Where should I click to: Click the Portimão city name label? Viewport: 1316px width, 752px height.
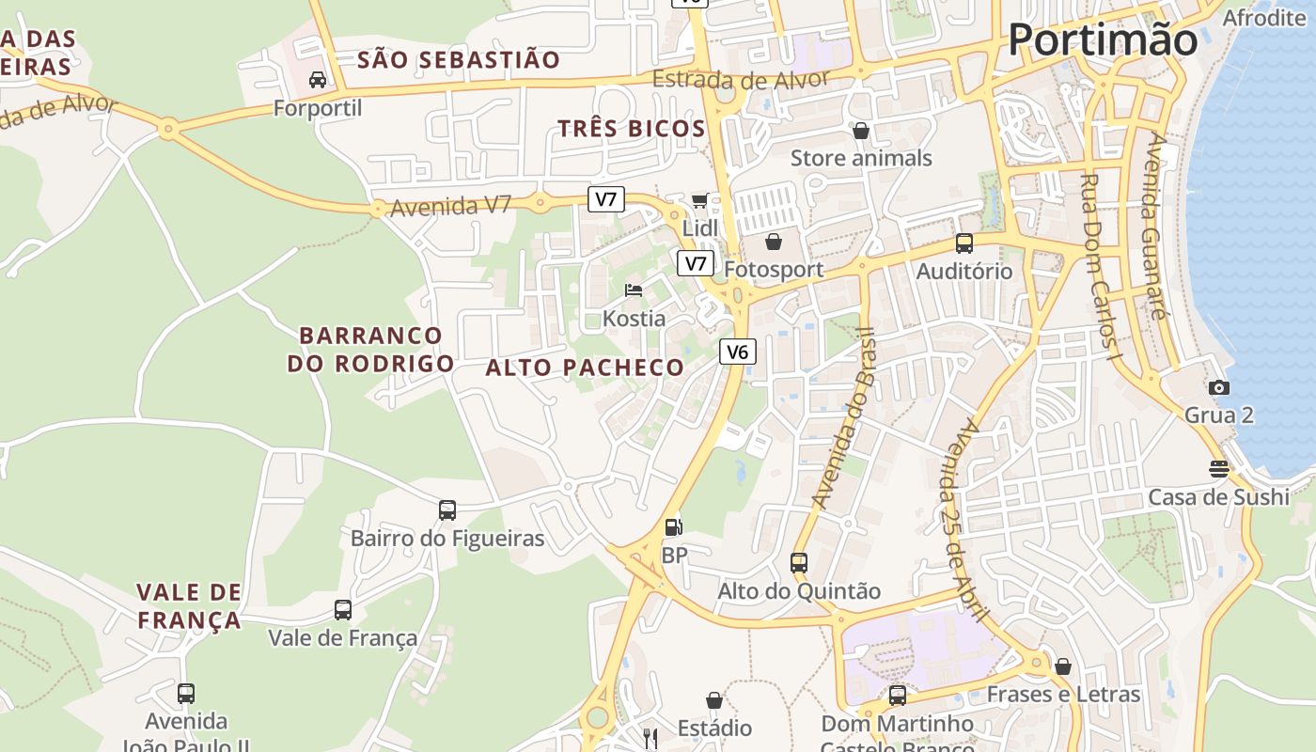click(x=1103, y=40)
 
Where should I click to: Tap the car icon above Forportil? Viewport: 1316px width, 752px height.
click(x=318, y=80)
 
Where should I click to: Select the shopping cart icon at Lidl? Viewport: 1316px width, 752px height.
click(x=699, y=199)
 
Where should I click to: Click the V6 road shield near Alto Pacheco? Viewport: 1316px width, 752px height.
click(x=738, y=352)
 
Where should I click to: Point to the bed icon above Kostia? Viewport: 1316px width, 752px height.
click(x=634, y=290)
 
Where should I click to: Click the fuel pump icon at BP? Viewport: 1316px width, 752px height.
click(x=673, y=526)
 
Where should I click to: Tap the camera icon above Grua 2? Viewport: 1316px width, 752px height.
click(x=1219, y=387)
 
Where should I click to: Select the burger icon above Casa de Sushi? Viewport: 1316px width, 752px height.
click(x=1219, y=468)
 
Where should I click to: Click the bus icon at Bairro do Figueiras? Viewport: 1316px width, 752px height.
click(x=447, y=509)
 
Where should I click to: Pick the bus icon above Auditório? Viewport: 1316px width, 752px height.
click(x=964, y=243)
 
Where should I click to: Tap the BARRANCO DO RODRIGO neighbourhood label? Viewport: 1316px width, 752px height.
click(x=370, y=349)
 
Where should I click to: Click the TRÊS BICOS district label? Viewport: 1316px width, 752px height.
click(x=631, y=129)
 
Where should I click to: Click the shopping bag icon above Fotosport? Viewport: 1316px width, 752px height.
click(x=773, y=243)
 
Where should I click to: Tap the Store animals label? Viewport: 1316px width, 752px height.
click(x=861, y=158)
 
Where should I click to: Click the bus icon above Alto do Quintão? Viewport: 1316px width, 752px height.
click(x=799, y=562)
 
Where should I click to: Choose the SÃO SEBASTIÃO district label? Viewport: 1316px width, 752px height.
click(x=459, y=60)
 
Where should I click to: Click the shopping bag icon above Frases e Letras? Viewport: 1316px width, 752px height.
click(x=1063, y=666)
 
